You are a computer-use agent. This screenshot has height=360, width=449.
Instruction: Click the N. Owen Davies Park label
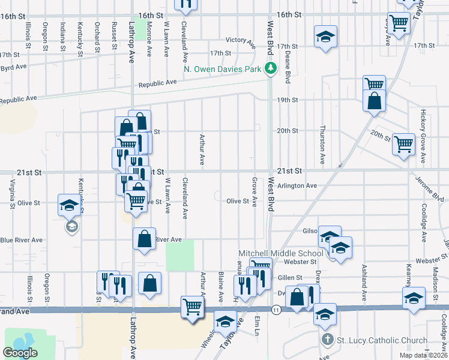222,69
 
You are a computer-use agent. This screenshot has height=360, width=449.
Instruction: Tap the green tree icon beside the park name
271,68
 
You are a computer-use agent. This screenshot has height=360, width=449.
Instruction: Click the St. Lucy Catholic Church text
382,341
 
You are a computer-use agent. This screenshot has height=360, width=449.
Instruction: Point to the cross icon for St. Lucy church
327,340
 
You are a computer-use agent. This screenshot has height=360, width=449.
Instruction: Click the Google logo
20,353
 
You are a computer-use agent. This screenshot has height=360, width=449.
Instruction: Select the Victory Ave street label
241,40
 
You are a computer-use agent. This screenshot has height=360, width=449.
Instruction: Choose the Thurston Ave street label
322,145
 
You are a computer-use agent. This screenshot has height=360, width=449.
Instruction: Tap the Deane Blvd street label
288,66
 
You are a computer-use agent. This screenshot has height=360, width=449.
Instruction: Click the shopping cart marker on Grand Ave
193,307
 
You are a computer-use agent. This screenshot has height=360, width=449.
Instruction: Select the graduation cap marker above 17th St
325,37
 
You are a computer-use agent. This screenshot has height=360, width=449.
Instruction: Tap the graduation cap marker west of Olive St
68,205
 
